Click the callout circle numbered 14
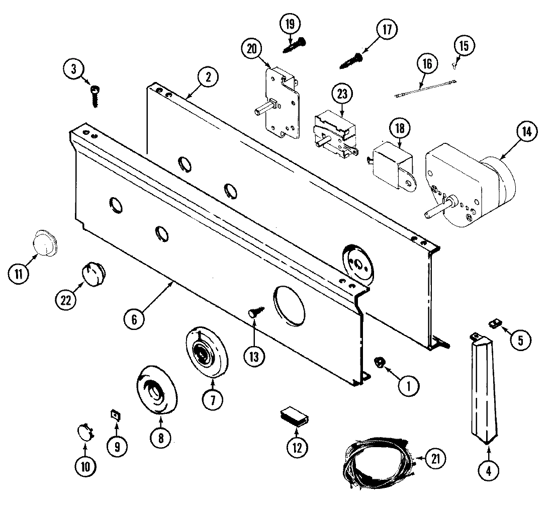click(x=526, y=132)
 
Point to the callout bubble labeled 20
click(x=252, y=49)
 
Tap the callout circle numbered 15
click(x=464, y=47)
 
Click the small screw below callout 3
click(x=95, y=96)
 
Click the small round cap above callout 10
click(x=84, y=432)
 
